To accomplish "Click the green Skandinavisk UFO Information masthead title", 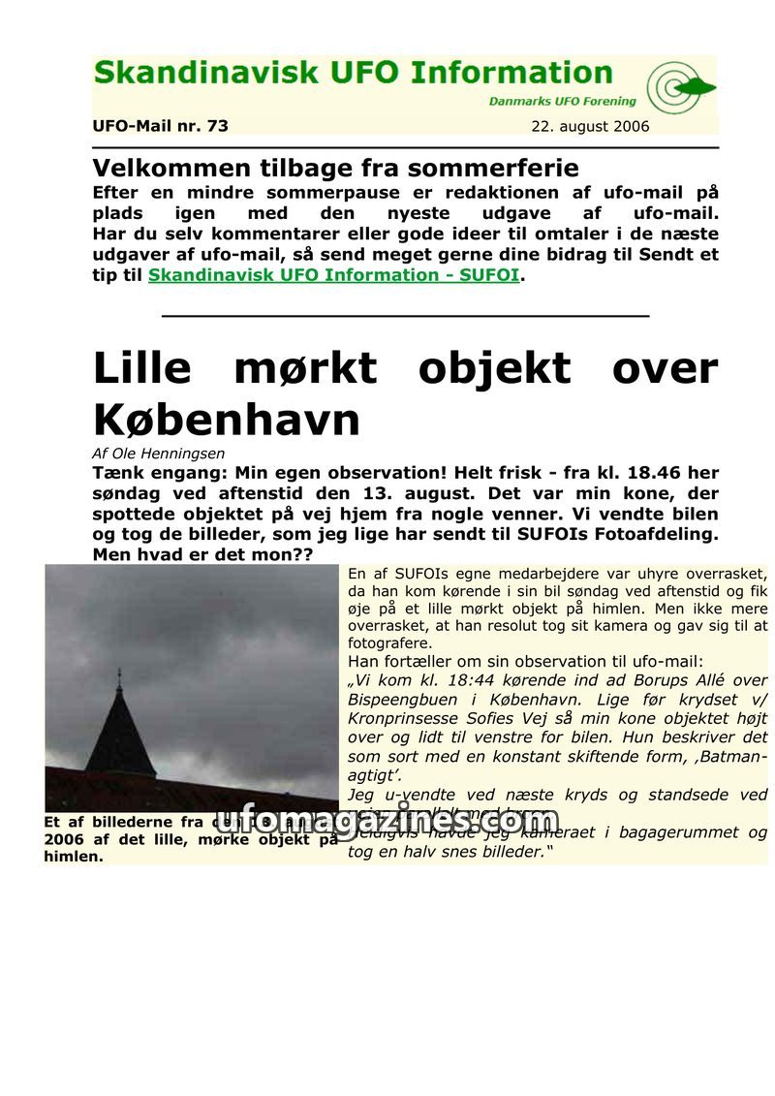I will coord(353,74).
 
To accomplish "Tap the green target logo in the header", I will coord(679,88).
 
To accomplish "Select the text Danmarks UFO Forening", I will coord(562,101).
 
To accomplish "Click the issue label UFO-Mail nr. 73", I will coord(160,126).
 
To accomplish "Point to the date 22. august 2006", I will coord(590,127).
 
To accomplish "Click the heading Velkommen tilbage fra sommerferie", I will coord(335,168).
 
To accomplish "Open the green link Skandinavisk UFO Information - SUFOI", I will coord(333,275).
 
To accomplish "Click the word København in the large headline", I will coord(227,421).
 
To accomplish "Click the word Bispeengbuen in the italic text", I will coord(399,700).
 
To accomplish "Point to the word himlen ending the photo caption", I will coord(73,857).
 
